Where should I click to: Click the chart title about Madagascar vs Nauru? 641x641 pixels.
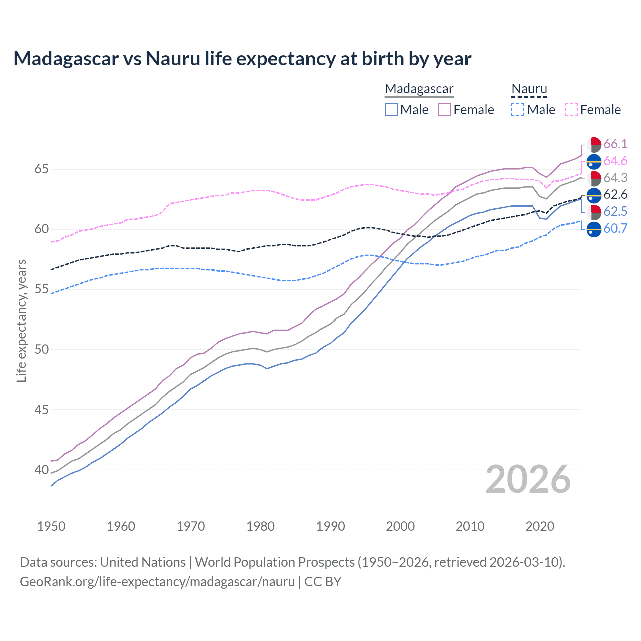pyautogui.click(x=242, y=59)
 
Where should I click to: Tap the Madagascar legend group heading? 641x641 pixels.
pyautogui.click(x=419, y=89)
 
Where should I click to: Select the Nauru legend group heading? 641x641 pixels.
pyautogui.click(x=529, y=89)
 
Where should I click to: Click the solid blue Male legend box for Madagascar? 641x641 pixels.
pyautogui.click(x=391, y=110)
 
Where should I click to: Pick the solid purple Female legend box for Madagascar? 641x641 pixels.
pyautogui.click(x=444, y=110)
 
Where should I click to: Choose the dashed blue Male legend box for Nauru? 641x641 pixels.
pyautogui.click(x=518, y=110)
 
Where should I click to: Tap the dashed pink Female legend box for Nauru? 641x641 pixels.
pyautogui.click(x=571, y=110)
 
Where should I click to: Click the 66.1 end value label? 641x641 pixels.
pyautogui.click(x=615, y=144)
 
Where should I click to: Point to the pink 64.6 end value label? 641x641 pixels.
pyautogui.click(x=615, y=161)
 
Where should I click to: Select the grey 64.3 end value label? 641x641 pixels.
pyautogui.click(x=615, y=178)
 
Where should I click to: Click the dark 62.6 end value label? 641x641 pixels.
pyautogui.click(x=615, y=195)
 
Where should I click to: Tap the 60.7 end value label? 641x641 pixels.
pyautogui.click(x=615, y=229)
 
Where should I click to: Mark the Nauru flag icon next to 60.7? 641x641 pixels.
pyautogui.click(x=594, y=229)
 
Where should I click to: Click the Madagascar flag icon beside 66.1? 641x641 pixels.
pyautogui.click(x=594, y=144)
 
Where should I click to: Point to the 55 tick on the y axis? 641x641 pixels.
pyautogui.click(x=41, y=289)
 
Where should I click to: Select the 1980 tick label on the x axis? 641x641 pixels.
pyautogui.click(x=260, y=526)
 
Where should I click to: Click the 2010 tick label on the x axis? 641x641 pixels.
pyautogui.click(x=470, y=526)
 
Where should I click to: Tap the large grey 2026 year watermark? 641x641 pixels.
pyautogui.click(x=528, y=479)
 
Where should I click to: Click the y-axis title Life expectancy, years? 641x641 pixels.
pyautogui.click(x=22, y=320)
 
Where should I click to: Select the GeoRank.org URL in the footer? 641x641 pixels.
pyautogui.click(x=157, y=582)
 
